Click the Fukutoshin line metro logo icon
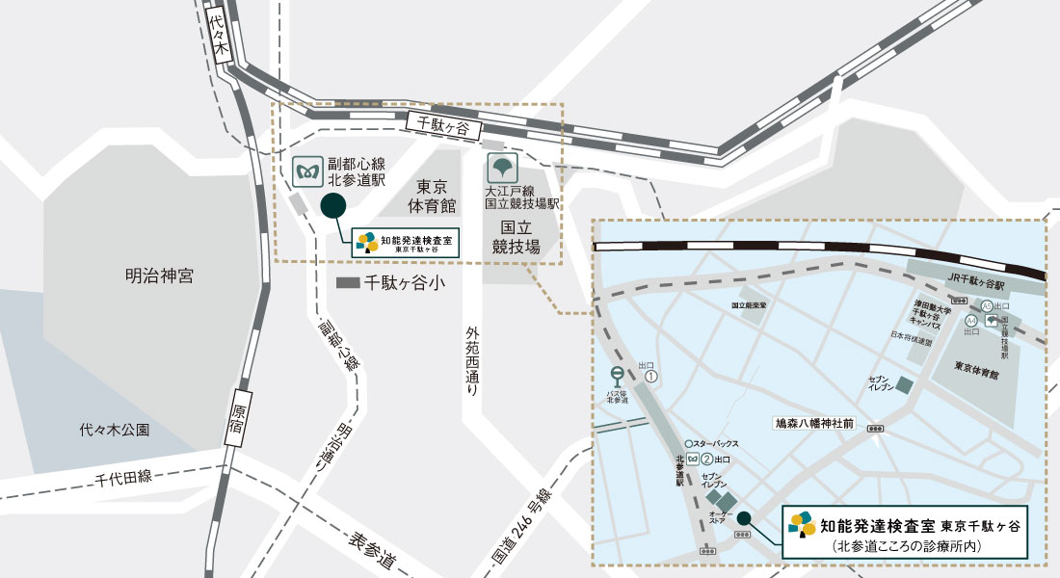coord(308,172)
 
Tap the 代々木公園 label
coord(115,431)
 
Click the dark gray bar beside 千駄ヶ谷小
coord(347,284)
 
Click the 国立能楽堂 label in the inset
coord(748,304)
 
